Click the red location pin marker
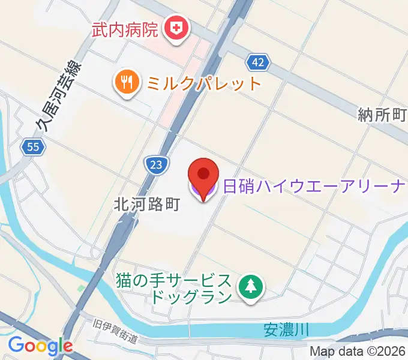pyautogui.click(x=203, y=176)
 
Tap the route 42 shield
pyautogui.click(x=257, y=61)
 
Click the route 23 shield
pyautogui.click(x=155, y=164)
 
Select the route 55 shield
pyautogui.click(x=32, y=146)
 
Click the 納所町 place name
pyautogui.click(x=382, y=114)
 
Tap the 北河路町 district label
pyautogui.click(x=146, y=205)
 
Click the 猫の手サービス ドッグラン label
pyautogui.click(x=175, y=288)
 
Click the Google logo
pyautogui.click(x=40, y=345)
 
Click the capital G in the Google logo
pyautogui.click(x=16, y=344)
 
